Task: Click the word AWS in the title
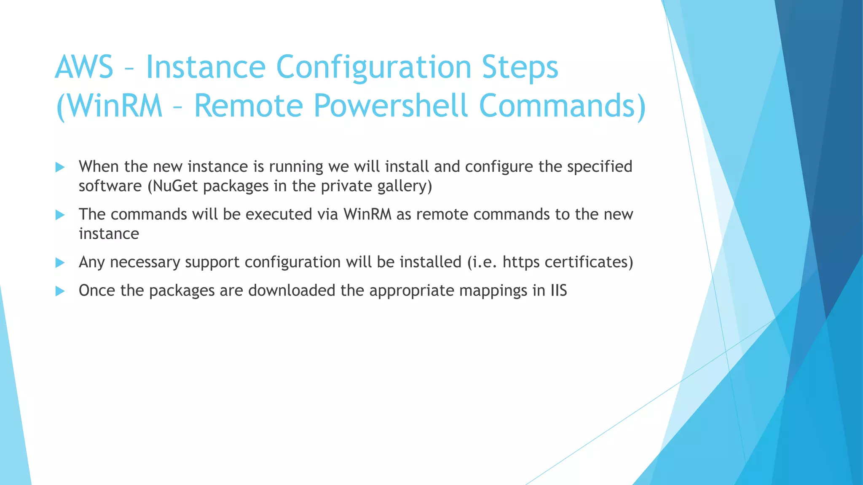pos(84,67)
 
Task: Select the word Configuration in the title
pos(373,67)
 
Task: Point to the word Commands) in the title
pos(563,105)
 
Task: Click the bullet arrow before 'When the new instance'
pos(60,167)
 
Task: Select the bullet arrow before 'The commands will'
pos(60,215)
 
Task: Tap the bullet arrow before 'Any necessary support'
pos(60,263)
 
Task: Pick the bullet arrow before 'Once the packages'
pos(60,291)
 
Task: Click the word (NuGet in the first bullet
pos(172,186)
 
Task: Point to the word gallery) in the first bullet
pos(405,186)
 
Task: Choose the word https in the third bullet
pos(521,262)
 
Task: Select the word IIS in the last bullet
pos(559,290)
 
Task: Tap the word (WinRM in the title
pos(109,105)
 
